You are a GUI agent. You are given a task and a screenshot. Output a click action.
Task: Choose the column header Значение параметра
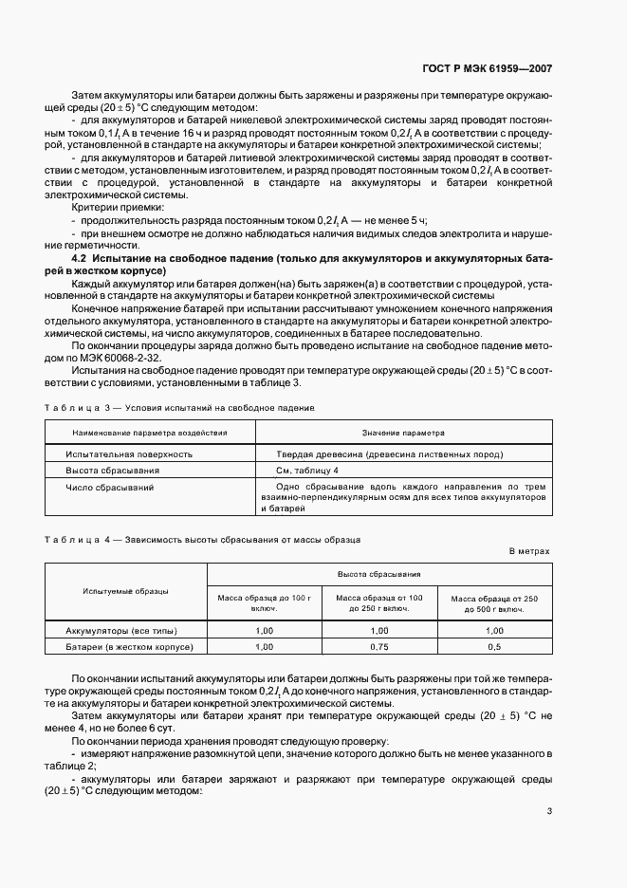[x=402, y=433]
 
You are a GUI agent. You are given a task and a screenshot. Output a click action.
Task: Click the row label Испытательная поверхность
[x=128, y=454]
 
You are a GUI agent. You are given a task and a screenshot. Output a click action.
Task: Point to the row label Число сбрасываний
[x=109, y=487]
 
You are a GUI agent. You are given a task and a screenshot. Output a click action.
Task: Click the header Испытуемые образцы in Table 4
[x=125, y=592]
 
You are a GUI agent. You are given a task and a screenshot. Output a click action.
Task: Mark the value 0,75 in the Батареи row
[x=379, y=646]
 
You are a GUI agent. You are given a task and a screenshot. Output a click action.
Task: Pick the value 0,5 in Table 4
[x=494, y=646]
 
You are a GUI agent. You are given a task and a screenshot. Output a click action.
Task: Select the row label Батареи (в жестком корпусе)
[x=129, y=646]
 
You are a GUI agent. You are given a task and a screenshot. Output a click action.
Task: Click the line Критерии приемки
[x=118, y=207]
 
